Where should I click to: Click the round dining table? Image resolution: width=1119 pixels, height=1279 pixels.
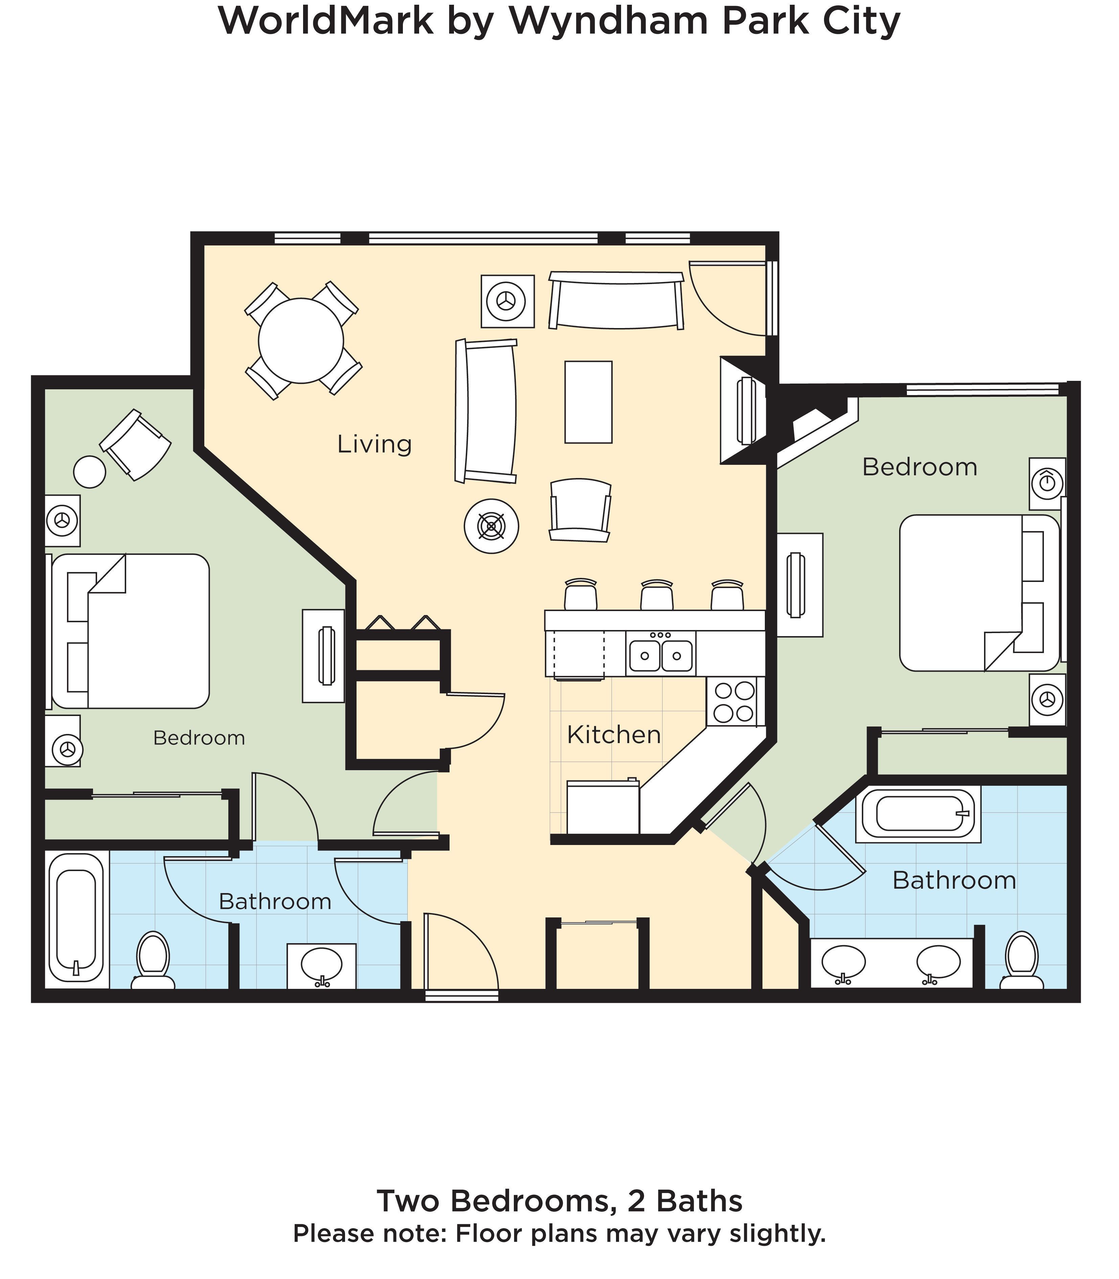[301, 341]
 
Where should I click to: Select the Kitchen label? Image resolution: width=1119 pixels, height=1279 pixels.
[613, 735]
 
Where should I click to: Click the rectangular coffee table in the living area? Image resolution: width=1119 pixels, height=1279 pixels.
[588, 402]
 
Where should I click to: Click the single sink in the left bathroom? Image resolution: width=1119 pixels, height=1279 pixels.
[321, 965]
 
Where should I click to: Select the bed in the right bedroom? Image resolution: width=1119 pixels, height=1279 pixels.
[977, 592]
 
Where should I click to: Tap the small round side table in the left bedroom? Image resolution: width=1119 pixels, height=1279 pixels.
[89, 472]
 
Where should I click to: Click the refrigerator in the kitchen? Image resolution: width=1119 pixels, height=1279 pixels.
[602, 807]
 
